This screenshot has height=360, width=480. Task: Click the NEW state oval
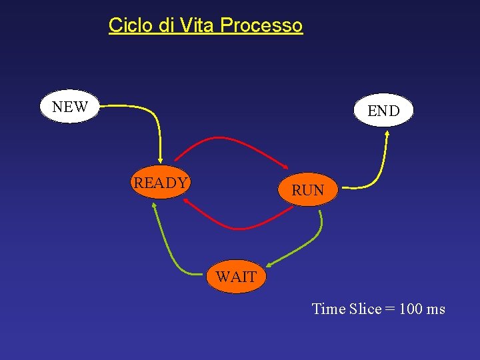(x=69, y=107)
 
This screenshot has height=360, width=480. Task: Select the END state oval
(x=383, y=110)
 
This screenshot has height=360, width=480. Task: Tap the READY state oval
(x=161, y=183)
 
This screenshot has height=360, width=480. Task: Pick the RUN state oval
(x=307, y=189)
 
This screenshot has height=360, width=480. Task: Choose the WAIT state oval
(x=236, y=276)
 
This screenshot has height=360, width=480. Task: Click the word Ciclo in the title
(x=131, y=25)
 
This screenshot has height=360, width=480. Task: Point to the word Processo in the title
(x=261, y=26)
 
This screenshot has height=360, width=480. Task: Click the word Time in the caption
(x=329, y=309)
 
